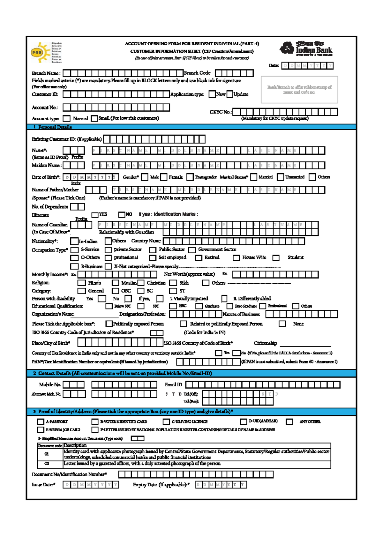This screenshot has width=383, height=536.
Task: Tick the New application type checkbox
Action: click(212, 94)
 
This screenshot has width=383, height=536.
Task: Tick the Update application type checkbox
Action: click(230, 94)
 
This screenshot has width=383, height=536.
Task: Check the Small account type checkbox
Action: click(94, 118)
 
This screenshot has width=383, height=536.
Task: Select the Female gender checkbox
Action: click(164, 177)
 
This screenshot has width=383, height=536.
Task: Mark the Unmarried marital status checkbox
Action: click(280, 177)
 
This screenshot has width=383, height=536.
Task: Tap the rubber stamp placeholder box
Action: click(299, 90)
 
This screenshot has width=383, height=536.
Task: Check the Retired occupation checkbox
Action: click(199, 258)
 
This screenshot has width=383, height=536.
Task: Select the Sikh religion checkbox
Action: click(173, 283)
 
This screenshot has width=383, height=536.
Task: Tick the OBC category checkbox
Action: click(115, 291)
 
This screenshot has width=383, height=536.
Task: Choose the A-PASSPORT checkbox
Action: click(41, 422)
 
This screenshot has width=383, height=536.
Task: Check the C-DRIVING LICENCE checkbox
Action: click(166, 422)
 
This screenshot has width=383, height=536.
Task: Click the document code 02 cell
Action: click(47, 463)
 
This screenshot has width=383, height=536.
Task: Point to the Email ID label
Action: click(173, 385)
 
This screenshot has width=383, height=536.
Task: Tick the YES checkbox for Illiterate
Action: click(95, 215)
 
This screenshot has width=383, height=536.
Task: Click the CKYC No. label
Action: click(220, 112)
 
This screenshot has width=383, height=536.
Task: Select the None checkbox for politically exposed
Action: click(282, 324)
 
